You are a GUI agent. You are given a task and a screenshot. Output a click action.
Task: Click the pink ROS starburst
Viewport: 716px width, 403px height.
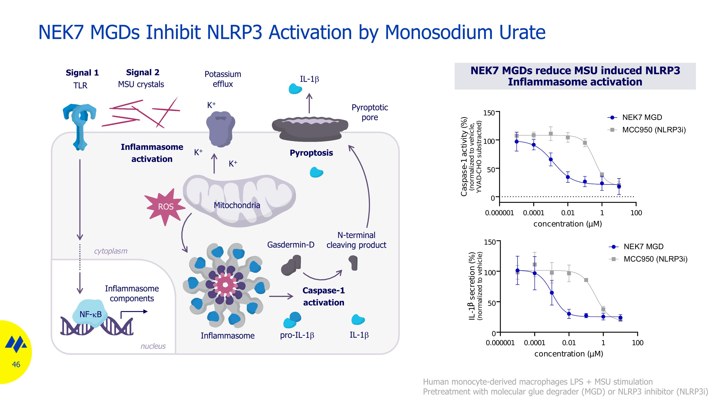pyautogui.click(x=165, y=207)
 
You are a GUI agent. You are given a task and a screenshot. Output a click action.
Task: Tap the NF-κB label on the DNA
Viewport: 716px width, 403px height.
pyautogui.click(x=91, y=314)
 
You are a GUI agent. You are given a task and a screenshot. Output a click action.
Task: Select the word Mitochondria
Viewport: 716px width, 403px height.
pyautogui.click(x=237, y=205)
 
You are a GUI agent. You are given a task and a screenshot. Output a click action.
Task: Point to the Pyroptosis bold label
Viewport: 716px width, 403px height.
pyautogui.click(x=311, y=153)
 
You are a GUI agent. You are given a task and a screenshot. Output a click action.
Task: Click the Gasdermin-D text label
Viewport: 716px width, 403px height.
pyautogui.click(x=290, y=245)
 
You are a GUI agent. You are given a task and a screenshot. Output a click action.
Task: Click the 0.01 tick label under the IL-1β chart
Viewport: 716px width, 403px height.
pyautogui.click(x=569, y=343)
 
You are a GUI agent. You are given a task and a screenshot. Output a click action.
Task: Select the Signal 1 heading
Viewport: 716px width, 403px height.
pyautogui.click(x=82, y=73)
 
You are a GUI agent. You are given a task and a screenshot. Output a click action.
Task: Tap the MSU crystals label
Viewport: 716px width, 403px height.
pyautogui.click(x=141, y=84)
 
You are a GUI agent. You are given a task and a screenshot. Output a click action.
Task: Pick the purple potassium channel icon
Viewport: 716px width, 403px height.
pyautogui.click(x=221, y=129)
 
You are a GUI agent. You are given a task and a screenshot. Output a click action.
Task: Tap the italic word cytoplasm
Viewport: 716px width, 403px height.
pyautogui.click(x=111, y=251)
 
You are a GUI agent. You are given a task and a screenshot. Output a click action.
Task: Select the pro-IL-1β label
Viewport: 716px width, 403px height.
pyautogui.click(x=297, y=335)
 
